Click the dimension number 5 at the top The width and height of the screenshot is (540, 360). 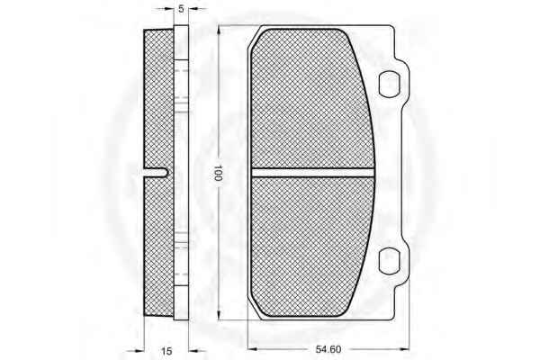click(x=182, y=9)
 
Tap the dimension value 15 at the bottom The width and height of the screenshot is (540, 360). click(x=166, y=351)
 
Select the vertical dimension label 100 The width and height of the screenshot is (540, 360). click(x=218, y=173)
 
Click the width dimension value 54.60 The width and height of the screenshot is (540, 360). click(x=328, y=349)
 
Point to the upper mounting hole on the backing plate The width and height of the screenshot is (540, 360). click(x=390, y=84)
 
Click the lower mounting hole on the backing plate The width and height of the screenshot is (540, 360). click(x=390, y=261)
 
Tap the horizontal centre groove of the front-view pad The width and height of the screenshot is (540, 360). click(x=312, y=173)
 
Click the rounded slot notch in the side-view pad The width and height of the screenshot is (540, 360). click(x=156, y=173)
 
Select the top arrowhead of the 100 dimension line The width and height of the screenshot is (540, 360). click(x=219, y=31)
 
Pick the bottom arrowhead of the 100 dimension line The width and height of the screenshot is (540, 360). click(x=219, y=315)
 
